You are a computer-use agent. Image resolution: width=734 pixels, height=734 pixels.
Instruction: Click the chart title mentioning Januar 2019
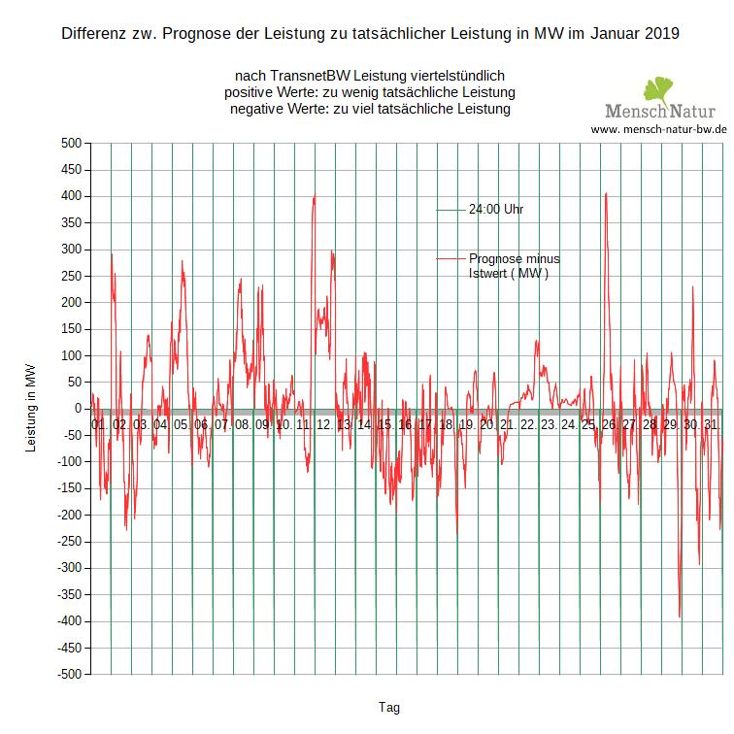(370, 34)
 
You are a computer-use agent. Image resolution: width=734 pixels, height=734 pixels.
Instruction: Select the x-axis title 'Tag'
(388, 707)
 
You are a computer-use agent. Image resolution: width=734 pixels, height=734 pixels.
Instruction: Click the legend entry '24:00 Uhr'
(496, 209)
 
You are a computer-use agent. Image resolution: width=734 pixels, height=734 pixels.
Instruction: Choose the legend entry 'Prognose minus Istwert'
(514, 266)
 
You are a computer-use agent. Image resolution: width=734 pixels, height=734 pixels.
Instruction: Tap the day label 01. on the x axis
(100, 425)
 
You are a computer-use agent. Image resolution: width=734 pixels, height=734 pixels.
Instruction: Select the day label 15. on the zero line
(384, 425)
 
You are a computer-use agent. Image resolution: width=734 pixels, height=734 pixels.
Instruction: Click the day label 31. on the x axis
(711, 425)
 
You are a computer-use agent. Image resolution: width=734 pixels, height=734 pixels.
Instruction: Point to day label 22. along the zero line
(527, 425)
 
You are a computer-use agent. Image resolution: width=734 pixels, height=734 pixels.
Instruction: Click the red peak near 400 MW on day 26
(606, 194)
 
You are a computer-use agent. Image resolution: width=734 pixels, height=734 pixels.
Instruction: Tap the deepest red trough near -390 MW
(680, 616)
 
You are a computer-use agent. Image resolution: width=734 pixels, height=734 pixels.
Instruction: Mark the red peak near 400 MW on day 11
(314, 196)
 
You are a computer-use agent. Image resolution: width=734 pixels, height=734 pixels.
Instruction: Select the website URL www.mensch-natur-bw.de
(658, 129)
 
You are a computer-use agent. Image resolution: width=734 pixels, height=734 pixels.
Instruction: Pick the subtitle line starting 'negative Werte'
(370, 109)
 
